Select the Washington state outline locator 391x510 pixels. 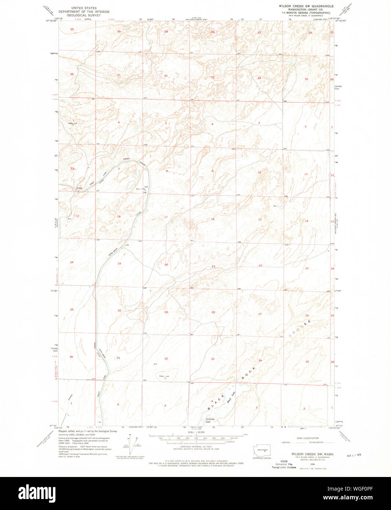point(262,450)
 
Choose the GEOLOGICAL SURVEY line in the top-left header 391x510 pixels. point(84,15)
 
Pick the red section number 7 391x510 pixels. point(119,169)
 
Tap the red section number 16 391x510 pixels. point(213,219)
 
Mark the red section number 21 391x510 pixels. point(213,266)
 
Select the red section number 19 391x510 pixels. point(119,263)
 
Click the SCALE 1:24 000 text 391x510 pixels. point(196,433)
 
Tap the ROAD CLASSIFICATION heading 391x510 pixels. point(308,438)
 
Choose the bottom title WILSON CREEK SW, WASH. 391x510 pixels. point(313,454)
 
